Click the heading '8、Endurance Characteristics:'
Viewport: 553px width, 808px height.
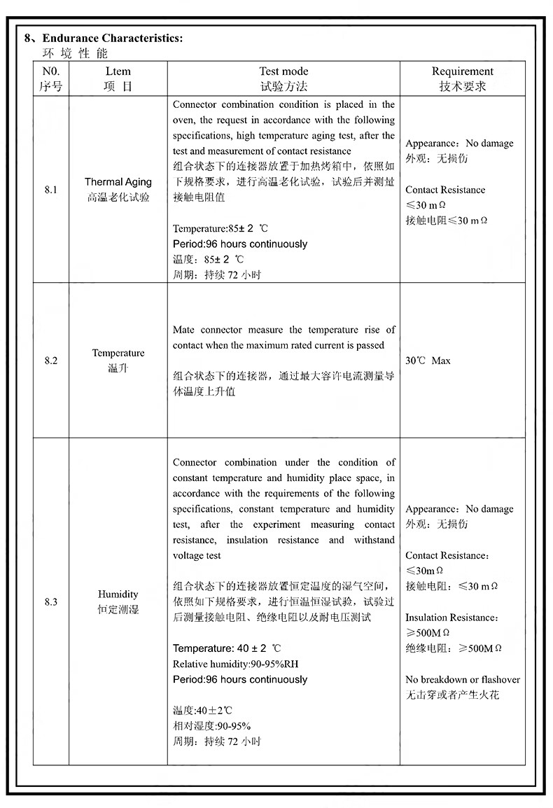(x=104, y=38)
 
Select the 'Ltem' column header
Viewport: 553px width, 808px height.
(x=118, y=71)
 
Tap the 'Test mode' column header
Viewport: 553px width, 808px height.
(x=283, y=71)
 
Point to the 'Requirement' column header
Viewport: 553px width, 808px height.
(x=462, y=71)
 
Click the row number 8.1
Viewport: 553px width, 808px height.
(x=51, y=190)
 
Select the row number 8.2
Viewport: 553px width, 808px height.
(x=51, y=361)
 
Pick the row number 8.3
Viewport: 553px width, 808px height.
(x=51, y=601)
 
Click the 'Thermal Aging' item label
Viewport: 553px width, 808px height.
(x=118, y=182)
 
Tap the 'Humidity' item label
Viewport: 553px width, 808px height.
(x=118, y=594)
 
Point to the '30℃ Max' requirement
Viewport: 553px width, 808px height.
(x=428, y=361)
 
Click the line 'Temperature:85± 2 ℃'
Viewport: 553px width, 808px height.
(x=220, y=229)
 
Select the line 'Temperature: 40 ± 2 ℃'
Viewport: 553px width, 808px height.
(x=227, y=648)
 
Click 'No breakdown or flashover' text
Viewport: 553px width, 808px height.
(x=462, y=679)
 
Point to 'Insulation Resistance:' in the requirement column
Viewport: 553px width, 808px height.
(x=452, y=618)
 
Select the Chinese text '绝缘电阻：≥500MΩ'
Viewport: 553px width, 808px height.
(x=454, y=648)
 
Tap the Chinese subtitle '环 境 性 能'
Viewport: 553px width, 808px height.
(x=76, y=54)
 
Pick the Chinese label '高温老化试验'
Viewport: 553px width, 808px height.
(x=118, y=197)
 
